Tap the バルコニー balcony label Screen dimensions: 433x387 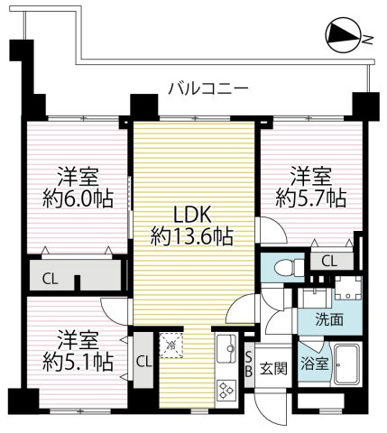pos(207,88)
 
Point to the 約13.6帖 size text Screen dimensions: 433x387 pos(191,237)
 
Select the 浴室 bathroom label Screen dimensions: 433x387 pos(314,365)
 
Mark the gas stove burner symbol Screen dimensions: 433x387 pos(225,390)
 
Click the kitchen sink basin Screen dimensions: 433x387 pos(224,347)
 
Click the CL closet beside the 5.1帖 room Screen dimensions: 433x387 pos(142,362)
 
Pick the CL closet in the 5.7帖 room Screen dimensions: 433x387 pos(327,261)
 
